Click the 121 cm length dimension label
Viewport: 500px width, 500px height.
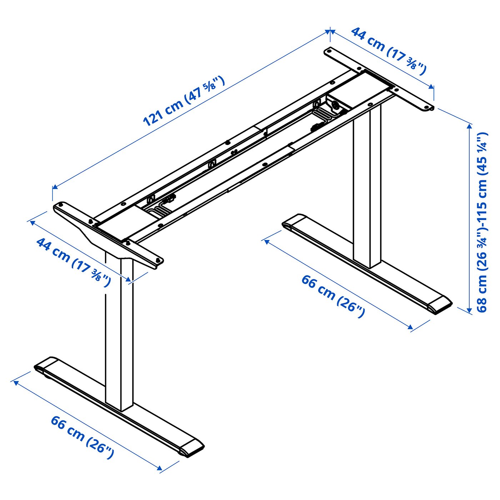[184, 101]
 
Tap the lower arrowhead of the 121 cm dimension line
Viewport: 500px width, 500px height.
[55, 187]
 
